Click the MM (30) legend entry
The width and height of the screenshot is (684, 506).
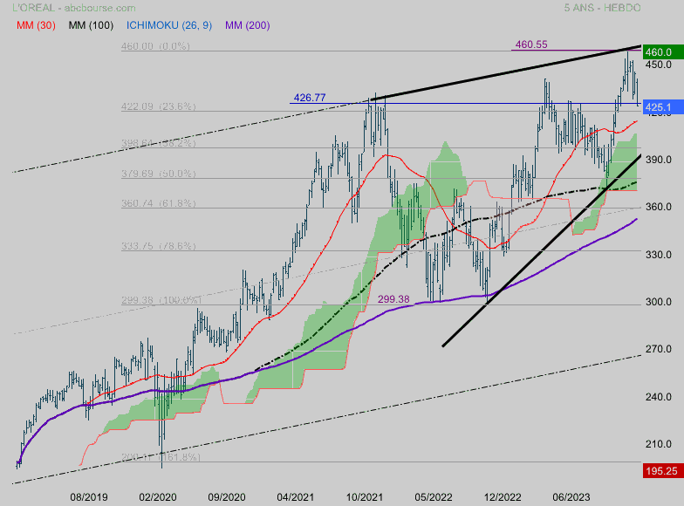point(36,25)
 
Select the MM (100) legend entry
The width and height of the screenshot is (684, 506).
point(91,25)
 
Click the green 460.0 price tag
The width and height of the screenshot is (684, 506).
point(658,52)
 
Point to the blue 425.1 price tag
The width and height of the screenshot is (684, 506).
point(658,107)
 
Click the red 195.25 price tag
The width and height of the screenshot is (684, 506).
point(660,470)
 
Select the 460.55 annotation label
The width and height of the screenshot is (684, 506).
point(531,44)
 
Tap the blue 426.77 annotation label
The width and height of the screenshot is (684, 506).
point(310,98)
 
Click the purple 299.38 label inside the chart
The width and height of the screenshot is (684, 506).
point(393,299)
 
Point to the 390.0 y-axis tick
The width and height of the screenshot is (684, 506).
point(658,160)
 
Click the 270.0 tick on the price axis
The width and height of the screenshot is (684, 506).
point(658,350)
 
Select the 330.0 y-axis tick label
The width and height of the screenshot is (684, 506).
point(658,255)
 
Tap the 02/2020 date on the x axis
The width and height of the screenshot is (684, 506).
point(157,496)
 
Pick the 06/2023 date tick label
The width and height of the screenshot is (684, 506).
point(572,496)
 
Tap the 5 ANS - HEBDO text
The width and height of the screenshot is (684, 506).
point(603,8)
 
